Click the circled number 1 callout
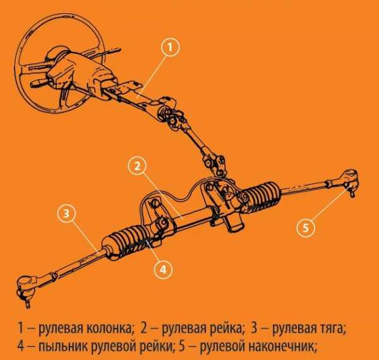pos(170,47)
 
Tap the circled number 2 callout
pos(137,166)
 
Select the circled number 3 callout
pos(66,213)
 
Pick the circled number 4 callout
pos(163,270)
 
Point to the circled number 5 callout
pos(306,227)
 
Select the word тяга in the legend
pos(332,329)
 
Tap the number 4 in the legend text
pos(21,347)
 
